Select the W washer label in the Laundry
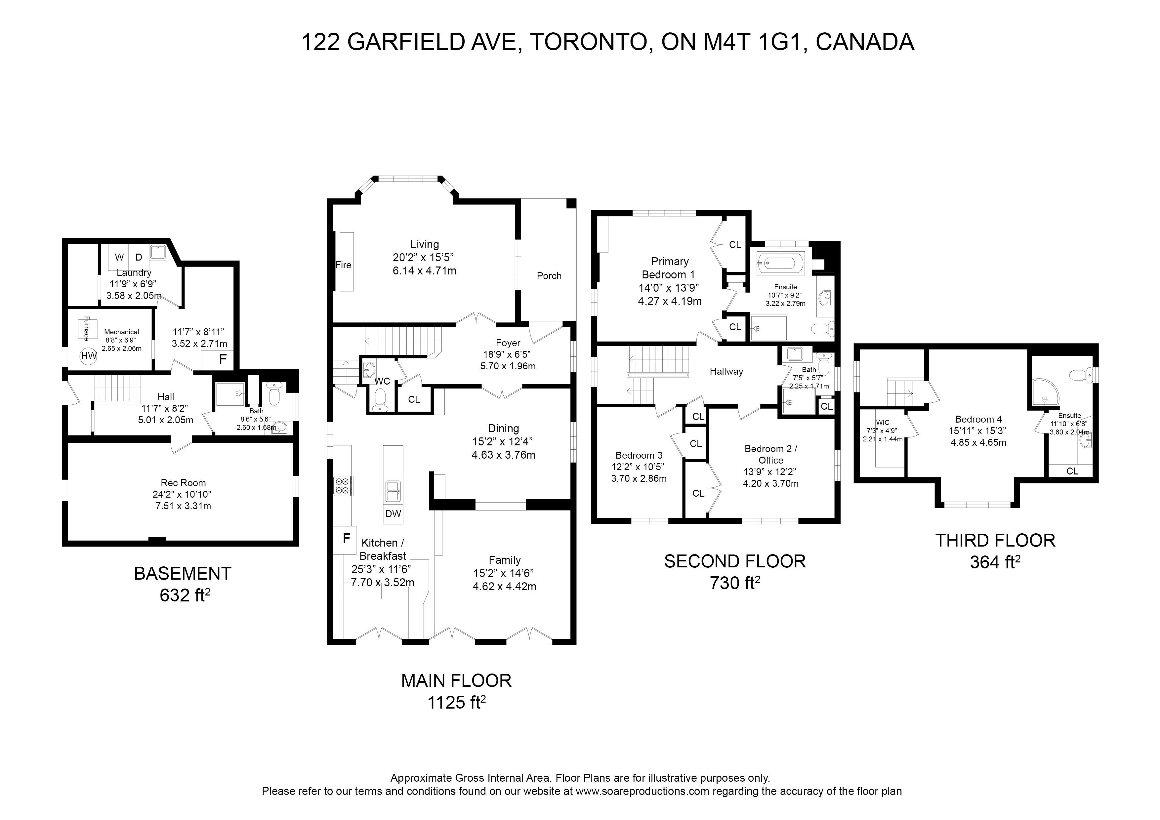(119, 257)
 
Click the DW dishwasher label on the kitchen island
(393, 514)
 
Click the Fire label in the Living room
(344, 265)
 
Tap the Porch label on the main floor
(549, 276)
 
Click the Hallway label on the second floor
(726, 371)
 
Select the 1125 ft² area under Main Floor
(457, 702)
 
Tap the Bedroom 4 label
(978, 419)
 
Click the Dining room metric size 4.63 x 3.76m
(503, 455)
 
